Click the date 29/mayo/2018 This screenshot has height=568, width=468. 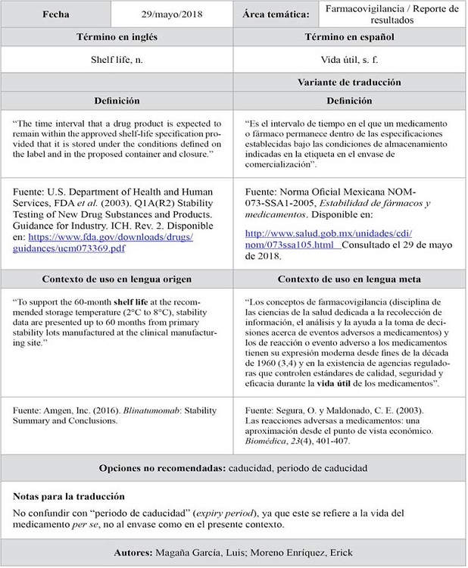pos(173,14)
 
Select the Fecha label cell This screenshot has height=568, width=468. pos(57,14)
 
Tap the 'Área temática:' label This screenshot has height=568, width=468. pos(276,14)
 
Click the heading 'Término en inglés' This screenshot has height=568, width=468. pos(117,37)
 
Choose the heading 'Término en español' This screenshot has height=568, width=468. pos(349,37)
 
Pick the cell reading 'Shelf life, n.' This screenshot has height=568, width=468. pos(117,59)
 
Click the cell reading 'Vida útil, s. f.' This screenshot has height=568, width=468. pos(349,59)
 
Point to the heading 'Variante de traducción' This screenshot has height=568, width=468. pos(349,82)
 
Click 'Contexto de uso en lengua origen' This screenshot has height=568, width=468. pos(117,279)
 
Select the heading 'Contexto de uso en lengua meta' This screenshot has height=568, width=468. pos(349,279)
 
